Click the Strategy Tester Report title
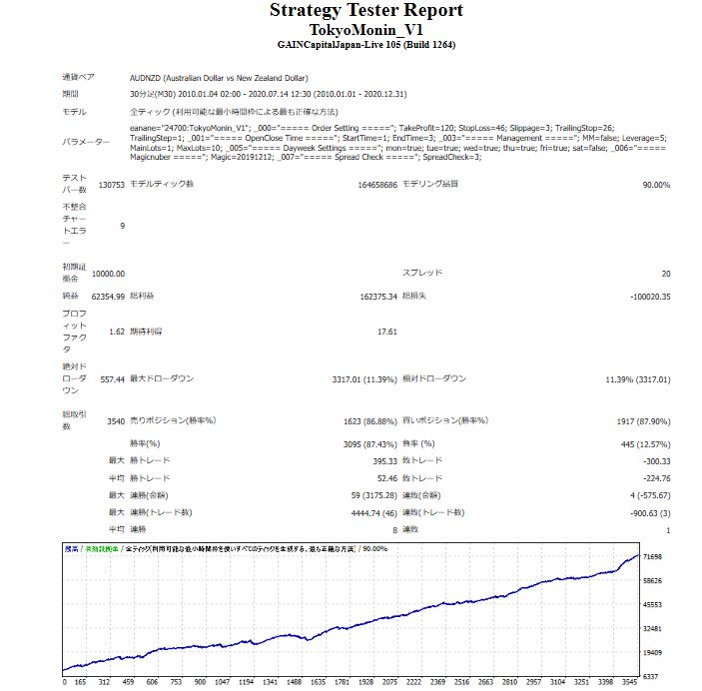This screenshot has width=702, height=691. tap(365, 11)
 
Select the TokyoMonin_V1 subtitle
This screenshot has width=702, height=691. tap(365, 30)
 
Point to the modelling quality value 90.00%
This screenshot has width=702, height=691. tap(655, 185)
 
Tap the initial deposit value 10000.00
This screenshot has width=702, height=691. tap(108, 274)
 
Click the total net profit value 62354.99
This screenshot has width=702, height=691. tap(108, 297)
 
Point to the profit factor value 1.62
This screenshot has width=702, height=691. tap(116, 332)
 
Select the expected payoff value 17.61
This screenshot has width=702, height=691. tap(386, 332)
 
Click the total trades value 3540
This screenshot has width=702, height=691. tap(115, 420)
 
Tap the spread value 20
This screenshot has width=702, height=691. tap(665, 273)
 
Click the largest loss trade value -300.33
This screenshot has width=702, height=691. tap(654, 460)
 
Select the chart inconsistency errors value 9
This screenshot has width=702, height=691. tap(122, 226)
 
